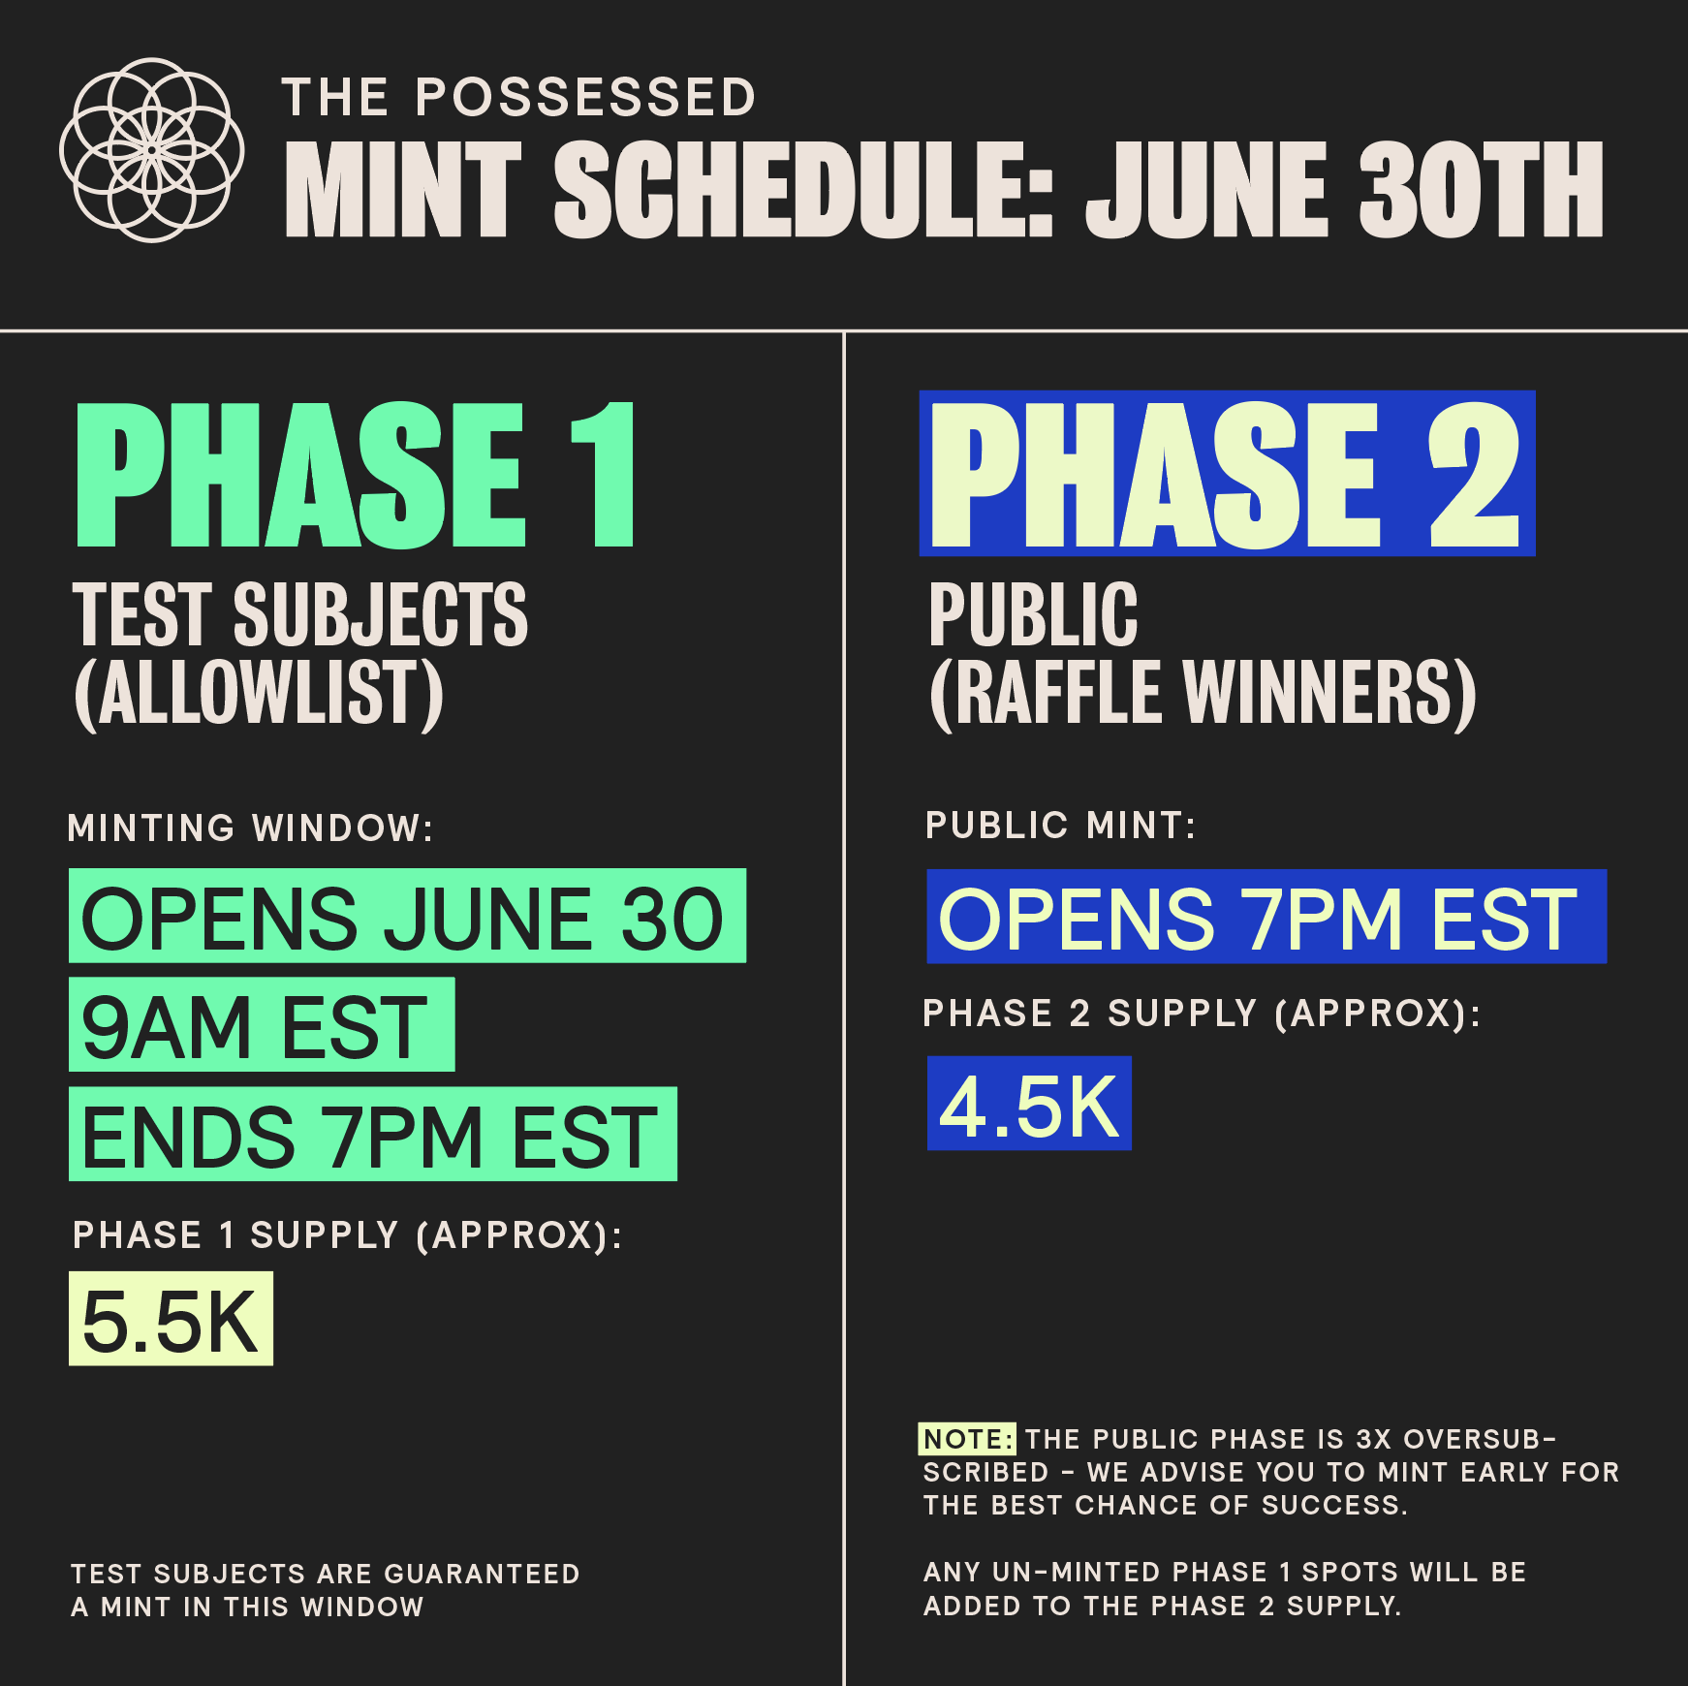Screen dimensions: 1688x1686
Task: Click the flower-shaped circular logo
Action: click(x=151, y=150)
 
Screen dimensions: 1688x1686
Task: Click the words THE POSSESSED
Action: click(x=518, y=98)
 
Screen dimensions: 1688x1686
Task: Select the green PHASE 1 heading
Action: click(x=355, y=475)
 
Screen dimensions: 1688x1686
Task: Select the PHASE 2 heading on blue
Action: click(x=1227, y=474)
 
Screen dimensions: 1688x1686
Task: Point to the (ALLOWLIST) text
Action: click(x=259, y=693)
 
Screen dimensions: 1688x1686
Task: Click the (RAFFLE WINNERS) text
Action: click(x=1203, y=693)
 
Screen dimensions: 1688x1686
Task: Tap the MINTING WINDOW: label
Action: click(x=250, y=828)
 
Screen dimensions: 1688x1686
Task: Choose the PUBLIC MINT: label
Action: click(x=1061, y=826)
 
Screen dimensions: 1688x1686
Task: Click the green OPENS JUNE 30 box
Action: click(x=407, y=916)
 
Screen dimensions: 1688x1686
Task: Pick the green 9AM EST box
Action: click(x=262, y=1024)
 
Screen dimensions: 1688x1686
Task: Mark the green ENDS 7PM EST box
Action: click(x=373, y=1134)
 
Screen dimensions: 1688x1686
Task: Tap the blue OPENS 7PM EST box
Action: click(x=1266, y=917)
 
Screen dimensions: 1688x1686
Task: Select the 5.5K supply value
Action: click(x=171, y=1319)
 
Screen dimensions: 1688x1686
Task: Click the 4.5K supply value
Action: click(x=1029, y=1104)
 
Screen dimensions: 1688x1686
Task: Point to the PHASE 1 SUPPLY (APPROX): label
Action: click(x=347, y=1235)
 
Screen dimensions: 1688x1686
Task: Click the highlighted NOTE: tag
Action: click(x=967, y=1439)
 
